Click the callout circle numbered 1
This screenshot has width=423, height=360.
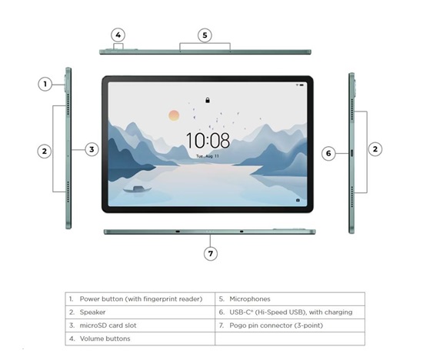(45, 84)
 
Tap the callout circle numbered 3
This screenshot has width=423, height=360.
(92, 149)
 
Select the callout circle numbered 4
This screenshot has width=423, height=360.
(118, 35)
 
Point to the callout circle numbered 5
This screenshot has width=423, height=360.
(205, 35)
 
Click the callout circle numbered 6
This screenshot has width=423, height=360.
(328, 154)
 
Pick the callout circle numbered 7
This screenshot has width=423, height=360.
(211, 254)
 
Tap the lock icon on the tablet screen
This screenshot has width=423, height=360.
(208, 101)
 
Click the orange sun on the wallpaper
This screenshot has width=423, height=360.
(174, 115)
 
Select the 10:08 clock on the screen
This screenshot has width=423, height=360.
(208, 140)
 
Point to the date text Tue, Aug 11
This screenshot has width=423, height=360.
(208, 156)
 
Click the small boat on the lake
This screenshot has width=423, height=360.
(138, 189)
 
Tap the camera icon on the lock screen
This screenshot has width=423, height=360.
(298, 200)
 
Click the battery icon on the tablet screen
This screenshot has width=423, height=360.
(301, 85)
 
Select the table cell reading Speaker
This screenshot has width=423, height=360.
(140, 312)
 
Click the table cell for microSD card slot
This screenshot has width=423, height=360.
(140, 325)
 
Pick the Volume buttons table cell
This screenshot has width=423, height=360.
(140, 338)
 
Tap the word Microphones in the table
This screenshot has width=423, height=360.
(250, 299)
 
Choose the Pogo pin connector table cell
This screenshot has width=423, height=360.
(290, 325)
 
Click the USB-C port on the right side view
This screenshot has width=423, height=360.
(351, 153)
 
